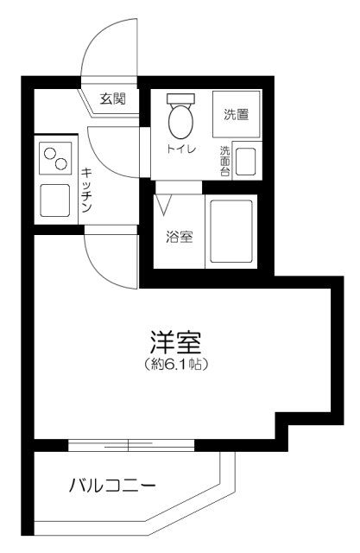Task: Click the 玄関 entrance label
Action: click(x=113, y=99)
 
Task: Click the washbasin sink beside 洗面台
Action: click(x=245, y=162)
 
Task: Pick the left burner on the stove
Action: click(x=49, y=154)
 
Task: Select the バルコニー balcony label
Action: click(x=112, y=486)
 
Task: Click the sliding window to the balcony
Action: click(x=129, y=445)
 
